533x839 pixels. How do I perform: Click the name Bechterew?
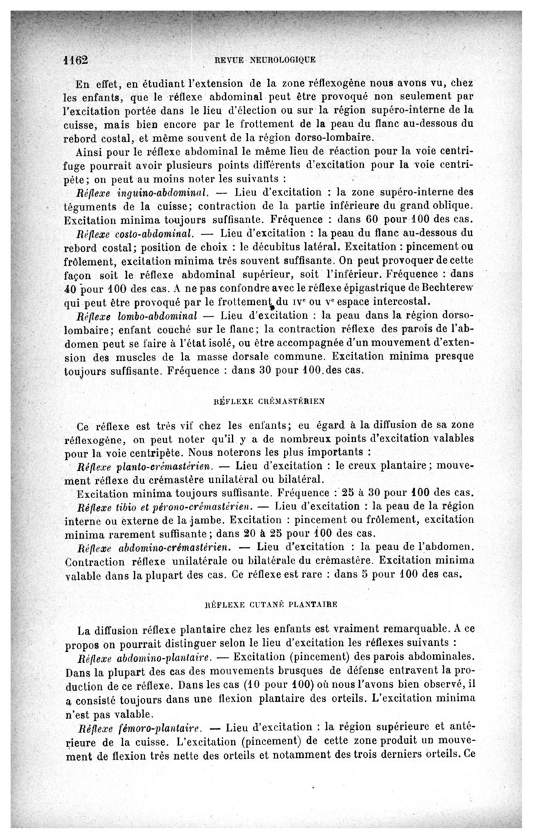(x=448, y=288)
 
